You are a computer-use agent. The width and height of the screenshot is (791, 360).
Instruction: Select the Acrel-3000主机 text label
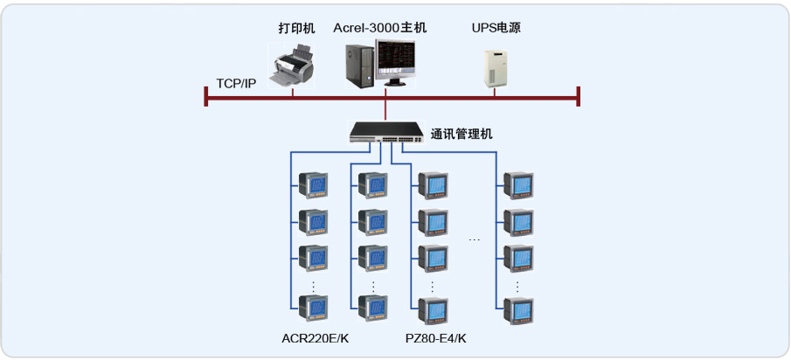tap(379, 28)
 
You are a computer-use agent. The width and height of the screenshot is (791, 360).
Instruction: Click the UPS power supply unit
tap(496, 67)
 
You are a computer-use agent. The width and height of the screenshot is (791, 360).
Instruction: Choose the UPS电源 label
tap(496, 28)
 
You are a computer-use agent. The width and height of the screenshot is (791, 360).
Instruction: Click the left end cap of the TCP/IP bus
tap(206, 96)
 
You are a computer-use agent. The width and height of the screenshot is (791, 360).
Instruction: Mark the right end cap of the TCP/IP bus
tap(579, 96)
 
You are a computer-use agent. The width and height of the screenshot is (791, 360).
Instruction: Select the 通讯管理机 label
tap(461, 134)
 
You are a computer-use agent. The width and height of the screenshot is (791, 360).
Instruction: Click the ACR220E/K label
tap(315, 338)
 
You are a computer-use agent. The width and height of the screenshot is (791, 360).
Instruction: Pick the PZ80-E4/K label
tap(436, 338)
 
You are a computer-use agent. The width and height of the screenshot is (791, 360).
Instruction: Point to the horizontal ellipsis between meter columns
tap(475, 238)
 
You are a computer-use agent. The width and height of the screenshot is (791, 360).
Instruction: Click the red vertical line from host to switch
tap(385, 108)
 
